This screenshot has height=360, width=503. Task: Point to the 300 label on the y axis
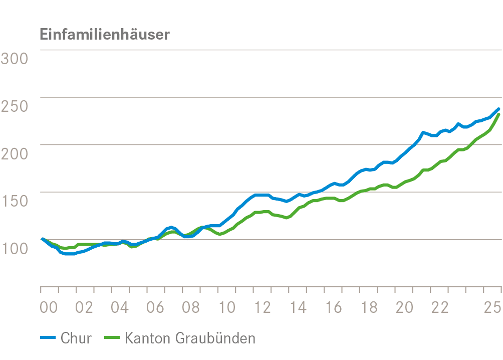[x=14, y=58]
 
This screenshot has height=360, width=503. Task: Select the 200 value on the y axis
[x=14, y=153]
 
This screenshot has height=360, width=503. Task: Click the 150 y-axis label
[x=14, y=201]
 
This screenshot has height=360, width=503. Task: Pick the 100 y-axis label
[x=14, y=248]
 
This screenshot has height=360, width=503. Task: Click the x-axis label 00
[x=49, y=307]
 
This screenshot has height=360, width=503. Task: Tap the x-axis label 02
[x=85, y=307]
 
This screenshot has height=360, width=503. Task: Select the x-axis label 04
[x=120, y=307]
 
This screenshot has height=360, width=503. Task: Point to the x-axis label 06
[x=156, y=307]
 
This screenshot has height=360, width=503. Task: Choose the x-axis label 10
[x=227, y=307]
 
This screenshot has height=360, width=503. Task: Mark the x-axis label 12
[x=263, y=307]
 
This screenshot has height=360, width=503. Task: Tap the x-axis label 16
[x=334, y=307]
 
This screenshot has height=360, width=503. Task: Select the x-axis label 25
[x=492, y=307]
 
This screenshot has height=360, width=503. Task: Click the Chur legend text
[x=76, y=338]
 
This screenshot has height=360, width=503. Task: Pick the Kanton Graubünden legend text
[x=190, y=338]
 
